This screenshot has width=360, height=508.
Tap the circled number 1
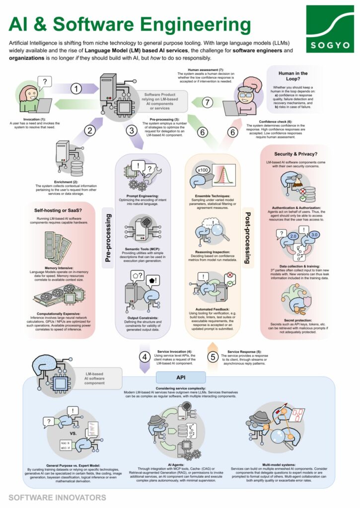coord(75,89)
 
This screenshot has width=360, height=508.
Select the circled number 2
coord(89,130)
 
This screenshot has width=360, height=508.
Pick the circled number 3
coord(131,131)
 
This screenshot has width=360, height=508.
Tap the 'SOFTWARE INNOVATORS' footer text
coord(57,497)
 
